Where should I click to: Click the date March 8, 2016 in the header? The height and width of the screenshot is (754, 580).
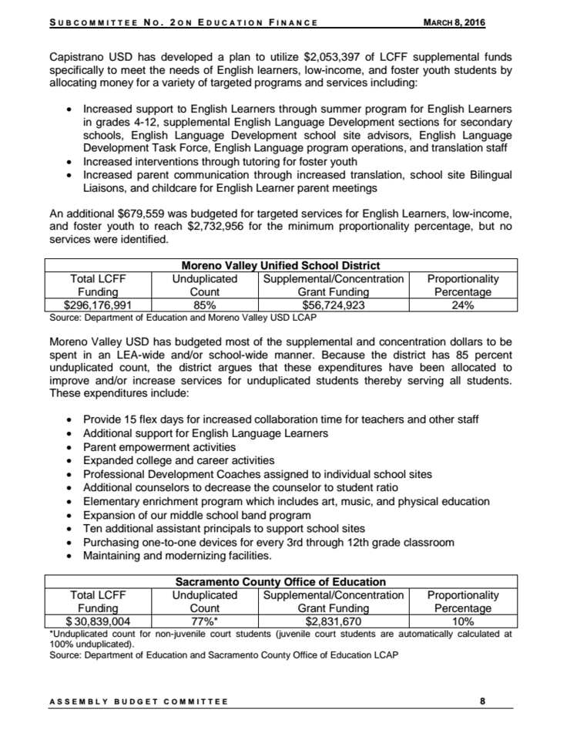coord(455,22)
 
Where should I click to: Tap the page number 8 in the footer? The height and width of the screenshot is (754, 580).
coord(482,701)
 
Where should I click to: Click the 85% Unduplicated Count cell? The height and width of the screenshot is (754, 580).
coord(205,305)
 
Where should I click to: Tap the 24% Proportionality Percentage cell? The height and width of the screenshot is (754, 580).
coord(463,305)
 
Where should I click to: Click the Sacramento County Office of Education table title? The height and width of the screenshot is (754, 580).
coord(280,581)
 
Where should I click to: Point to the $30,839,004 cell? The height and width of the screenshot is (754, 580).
coord(97,621)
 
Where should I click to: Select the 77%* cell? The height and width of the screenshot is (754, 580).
coord(205,621)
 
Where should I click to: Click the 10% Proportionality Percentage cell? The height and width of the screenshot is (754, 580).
coord(463,621)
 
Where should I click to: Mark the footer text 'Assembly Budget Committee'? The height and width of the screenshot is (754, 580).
coord(139,702)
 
